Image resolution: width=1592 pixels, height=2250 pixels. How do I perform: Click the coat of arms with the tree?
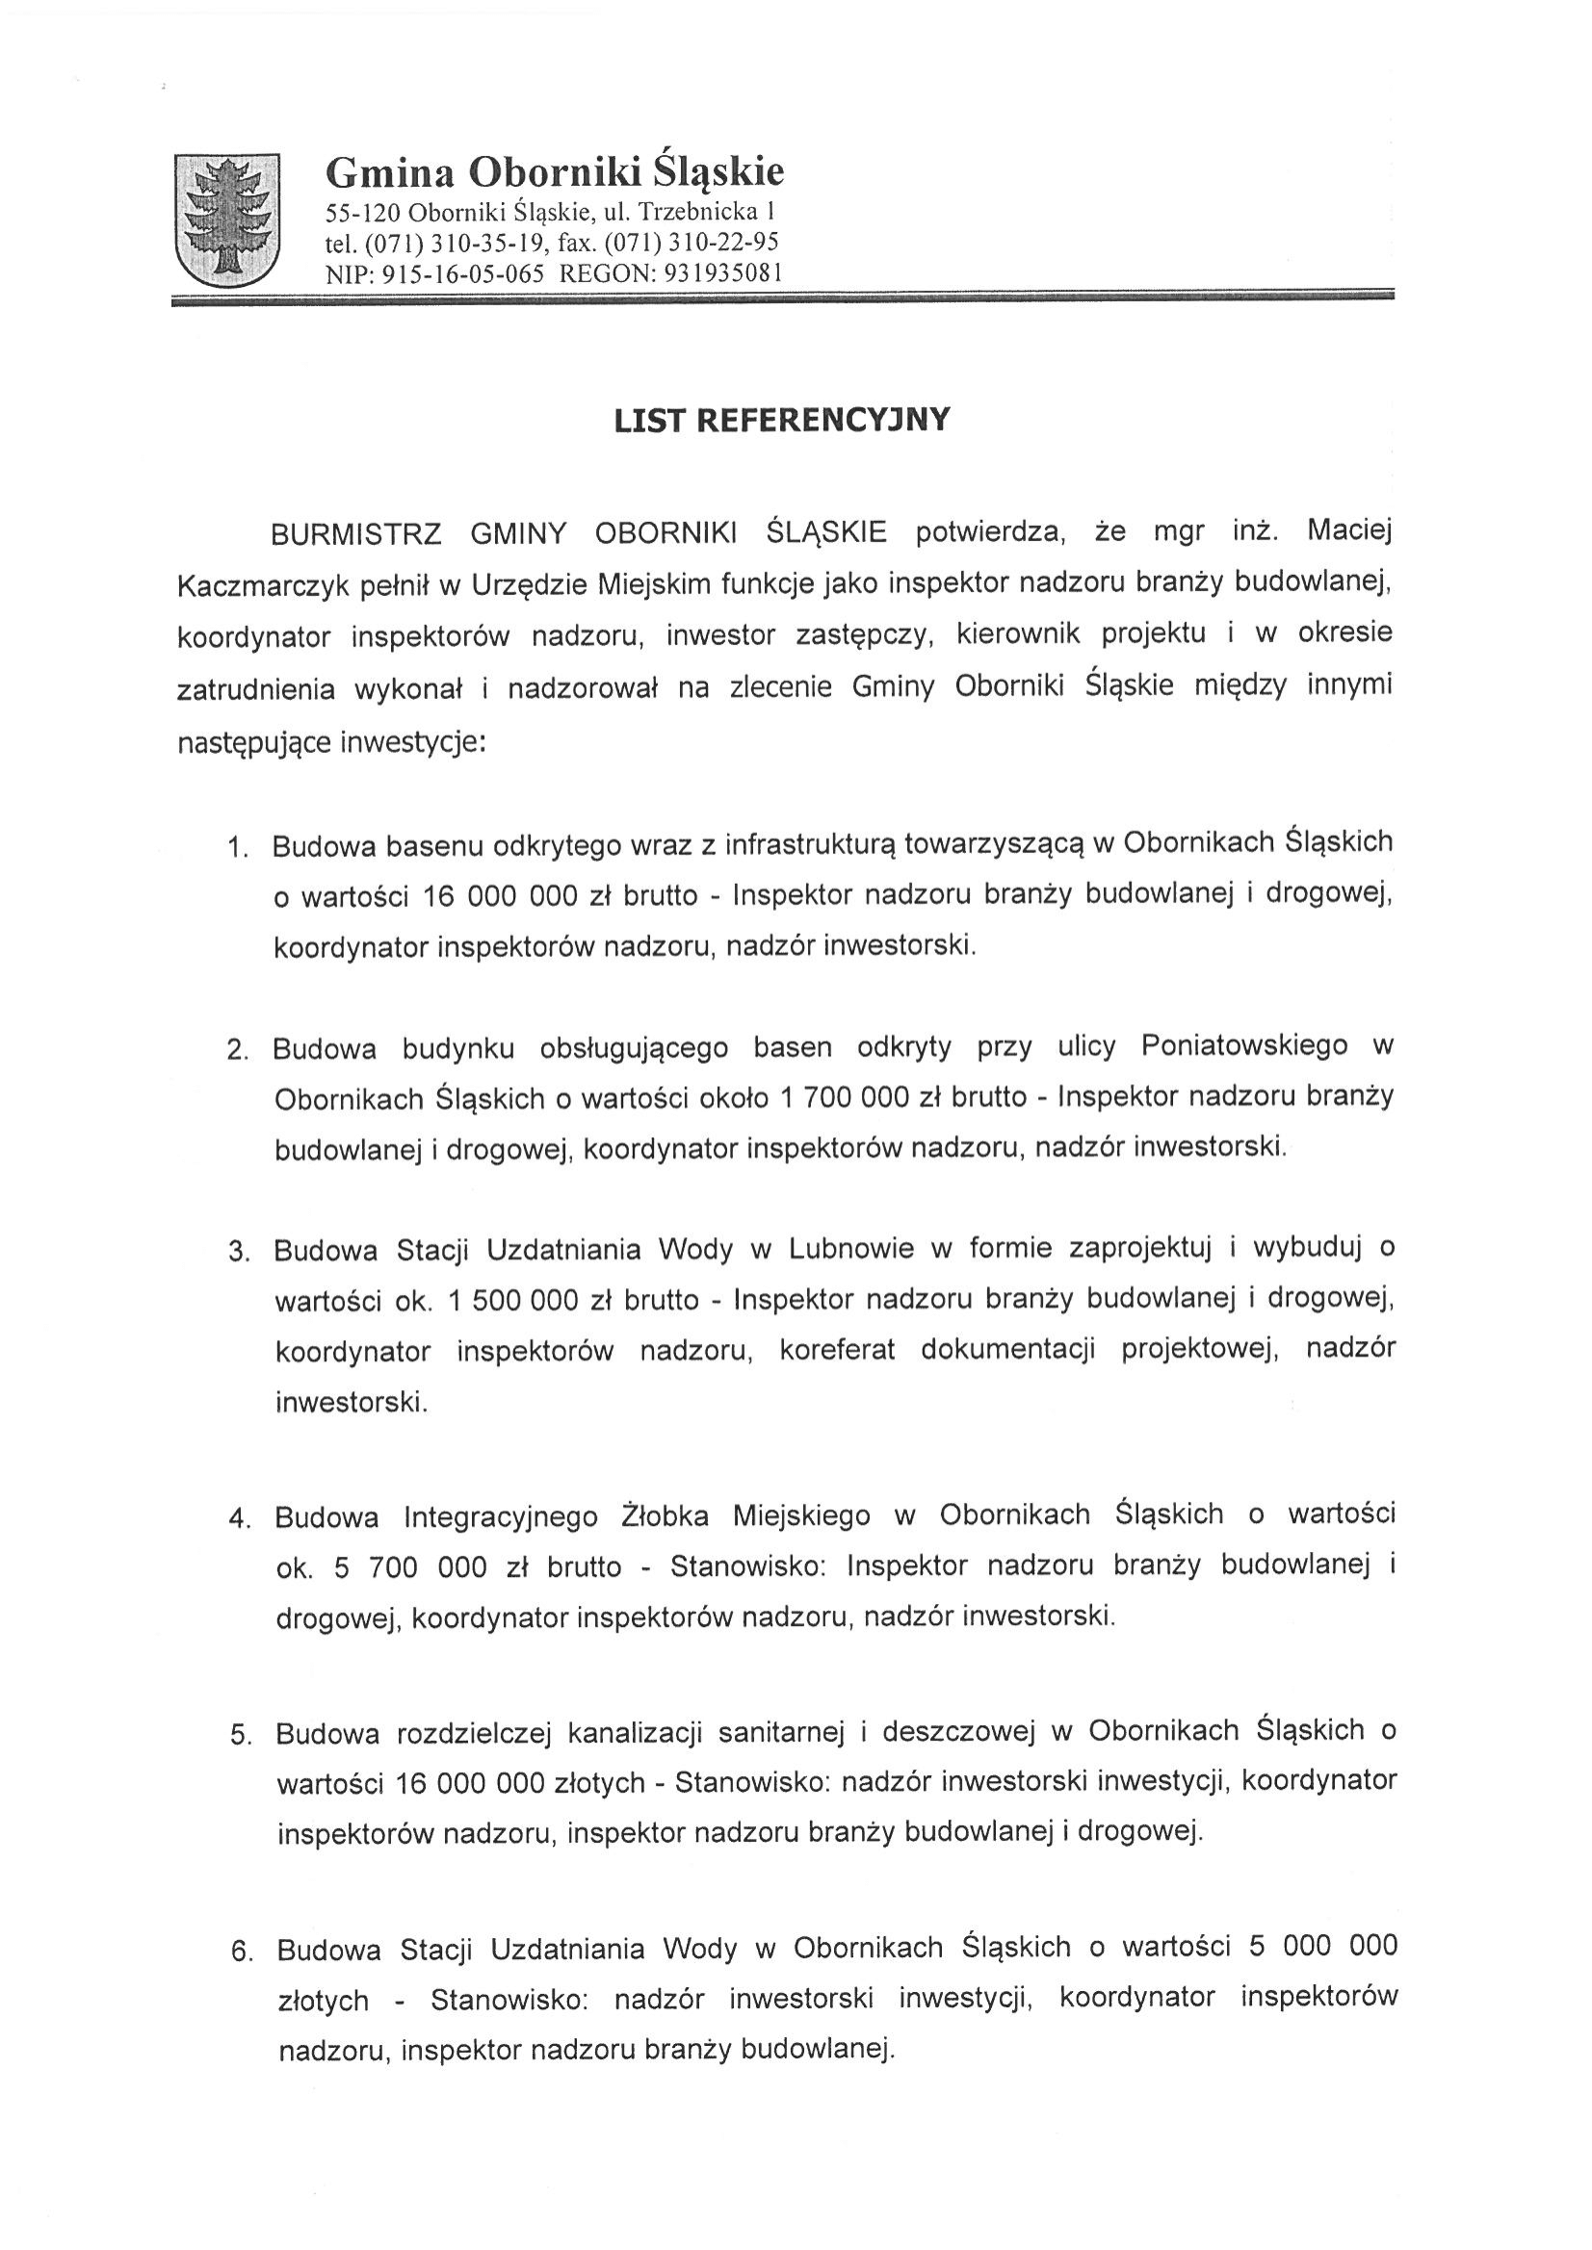coord(226,220)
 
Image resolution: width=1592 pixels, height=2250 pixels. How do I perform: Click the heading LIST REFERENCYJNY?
coord(781,421)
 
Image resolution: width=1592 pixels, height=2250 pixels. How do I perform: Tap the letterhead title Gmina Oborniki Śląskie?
coord(555,172)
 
